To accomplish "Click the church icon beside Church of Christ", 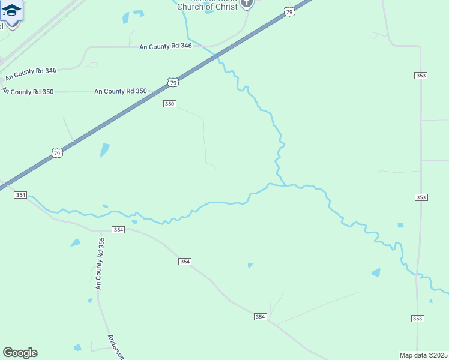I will tap(246, 4).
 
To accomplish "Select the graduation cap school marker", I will tap(11, 11).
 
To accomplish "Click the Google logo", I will tap(20, 353).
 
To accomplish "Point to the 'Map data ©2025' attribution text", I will tap(423, 355).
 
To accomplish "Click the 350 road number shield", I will tap(169, 104).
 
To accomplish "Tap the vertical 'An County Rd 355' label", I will tap(100, 263).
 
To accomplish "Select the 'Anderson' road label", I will tap(115, 347).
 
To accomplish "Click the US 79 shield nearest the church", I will tap(289, 12).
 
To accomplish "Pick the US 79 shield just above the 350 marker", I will tap(173, 82).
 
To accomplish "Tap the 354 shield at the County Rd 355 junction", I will tap(118, 230).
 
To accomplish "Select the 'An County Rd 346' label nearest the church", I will tap(165, 46).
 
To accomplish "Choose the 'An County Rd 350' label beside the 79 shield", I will tap(120, 91).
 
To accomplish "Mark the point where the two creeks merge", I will tap(283, 185).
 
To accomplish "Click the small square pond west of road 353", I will tap(400, 225).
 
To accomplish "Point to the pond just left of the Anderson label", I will tap(77, 347).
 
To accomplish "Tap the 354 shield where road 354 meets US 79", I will tap(20, 196).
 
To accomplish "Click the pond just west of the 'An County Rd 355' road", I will tap(76, 243).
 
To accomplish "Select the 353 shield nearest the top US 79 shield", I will tap(421, 75).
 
